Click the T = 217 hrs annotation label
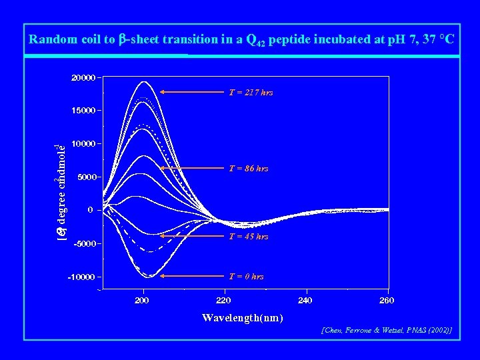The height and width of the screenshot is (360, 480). coord(251,93)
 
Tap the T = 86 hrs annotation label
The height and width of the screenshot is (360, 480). coord(249,169)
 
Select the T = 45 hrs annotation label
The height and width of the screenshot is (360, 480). coord(249,236)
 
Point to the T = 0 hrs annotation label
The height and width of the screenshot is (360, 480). coord(246,276)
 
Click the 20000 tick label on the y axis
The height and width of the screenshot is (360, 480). coord(83,77)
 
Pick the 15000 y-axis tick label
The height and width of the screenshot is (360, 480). coord(83,111)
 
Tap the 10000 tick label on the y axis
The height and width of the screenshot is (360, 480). coord(83,143)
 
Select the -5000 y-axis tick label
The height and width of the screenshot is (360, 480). coord(85,243)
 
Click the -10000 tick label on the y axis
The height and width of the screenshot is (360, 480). coord(83,277)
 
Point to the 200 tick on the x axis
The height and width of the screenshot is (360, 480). coord(142,301)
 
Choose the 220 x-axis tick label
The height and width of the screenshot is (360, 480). coord(223,301)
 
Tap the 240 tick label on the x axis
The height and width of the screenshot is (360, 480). coord(305,301)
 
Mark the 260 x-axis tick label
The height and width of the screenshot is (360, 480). coord(386,301)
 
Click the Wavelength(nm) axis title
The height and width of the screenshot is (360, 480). coord(242,317)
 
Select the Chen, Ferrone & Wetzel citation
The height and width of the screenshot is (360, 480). coord(387,330)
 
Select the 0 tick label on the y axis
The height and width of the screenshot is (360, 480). coord(90,210)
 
